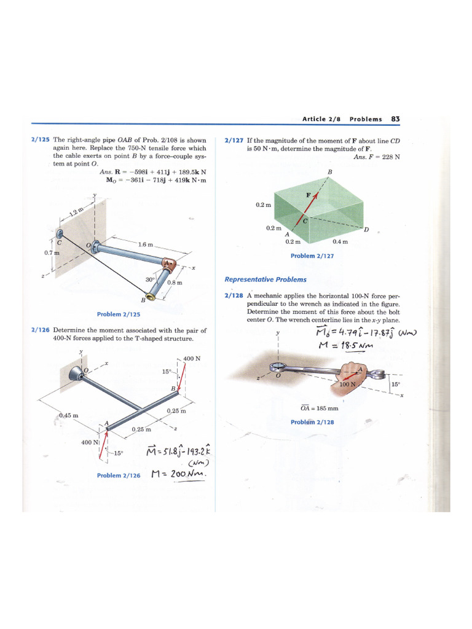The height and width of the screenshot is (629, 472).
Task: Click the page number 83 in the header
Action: pyautogui.click(x=395, y=119)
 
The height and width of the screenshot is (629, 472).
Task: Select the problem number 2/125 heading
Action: pyautogui.click(x=41, y=140)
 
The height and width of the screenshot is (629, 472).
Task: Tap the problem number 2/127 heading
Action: pyautogui.click(x=234, y=140)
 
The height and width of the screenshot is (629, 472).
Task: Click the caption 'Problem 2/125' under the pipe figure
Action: pyautogui.click(x=119, y=314)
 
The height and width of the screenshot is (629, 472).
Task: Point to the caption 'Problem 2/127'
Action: pyautogui.click(x=312, y=256)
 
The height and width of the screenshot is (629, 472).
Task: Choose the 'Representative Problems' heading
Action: pyautogui.click(x=265, y=279)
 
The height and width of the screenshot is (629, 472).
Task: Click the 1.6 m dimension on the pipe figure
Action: pyautogui.click(x=146, y=244)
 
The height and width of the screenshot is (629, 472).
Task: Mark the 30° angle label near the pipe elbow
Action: pyautogui.click(x=149, y=279)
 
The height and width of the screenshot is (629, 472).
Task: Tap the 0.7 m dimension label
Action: pyautogui.click(x=52, y=252)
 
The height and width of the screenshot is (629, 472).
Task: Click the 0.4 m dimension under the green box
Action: pyautogui.click(x=340, y=241)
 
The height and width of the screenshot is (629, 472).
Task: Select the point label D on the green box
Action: pyautogui.click(x=366, y=230)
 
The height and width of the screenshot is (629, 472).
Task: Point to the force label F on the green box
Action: pyautogui.click(x=309, y=195)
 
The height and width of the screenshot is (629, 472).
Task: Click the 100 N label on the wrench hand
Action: pyautogui.click(x=348, y=384)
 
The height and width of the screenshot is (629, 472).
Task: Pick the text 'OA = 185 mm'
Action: pyautogui.click(x=319, y=408)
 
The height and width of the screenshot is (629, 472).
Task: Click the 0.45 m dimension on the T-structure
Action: pyautogui.click(x=68, y=415)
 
